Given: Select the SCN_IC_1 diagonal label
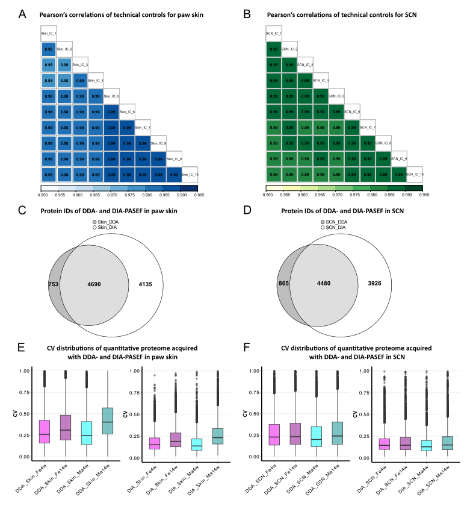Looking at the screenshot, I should point(274,34).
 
